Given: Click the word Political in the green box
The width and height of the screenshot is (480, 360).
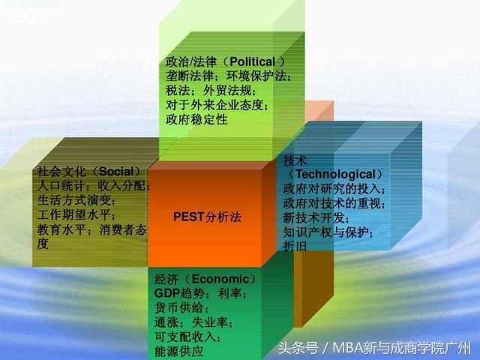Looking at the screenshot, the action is [x=252, y=61].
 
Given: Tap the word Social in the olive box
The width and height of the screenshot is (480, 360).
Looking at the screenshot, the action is [x=117, y=172].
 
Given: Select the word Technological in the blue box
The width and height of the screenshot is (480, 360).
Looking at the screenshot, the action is [x=335, y=175].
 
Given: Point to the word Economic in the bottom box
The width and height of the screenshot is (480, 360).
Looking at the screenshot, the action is [x=220, y=279].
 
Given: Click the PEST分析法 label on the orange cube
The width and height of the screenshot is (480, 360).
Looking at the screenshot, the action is [x=207, y=217].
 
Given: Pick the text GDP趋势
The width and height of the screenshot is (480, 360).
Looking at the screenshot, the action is [x=179, y=293].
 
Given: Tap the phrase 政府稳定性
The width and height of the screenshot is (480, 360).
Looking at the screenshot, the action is [x=196, y=119].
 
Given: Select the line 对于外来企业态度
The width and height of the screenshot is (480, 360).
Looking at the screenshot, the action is [x=214, y=105].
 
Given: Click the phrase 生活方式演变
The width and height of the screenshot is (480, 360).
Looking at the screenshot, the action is [x=74, y=200].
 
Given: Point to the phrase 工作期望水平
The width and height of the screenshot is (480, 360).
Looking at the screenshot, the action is [x=74, y=214].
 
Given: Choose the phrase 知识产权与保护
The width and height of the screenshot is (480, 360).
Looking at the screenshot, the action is [x=325, y=232].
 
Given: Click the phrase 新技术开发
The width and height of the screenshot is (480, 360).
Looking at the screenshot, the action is [x=313, y=218].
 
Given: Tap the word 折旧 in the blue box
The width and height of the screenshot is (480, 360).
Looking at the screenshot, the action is [x=295, y=246].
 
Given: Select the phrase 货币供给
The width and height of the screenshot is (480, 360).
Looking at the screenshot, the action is [x=179, y=307].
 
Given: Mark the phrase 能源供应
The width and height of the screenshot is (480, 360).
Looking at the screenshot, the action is [x=179, y=351].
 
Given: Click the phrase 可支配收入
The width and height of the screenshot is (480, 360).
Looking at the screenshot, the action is [x=185, y=337].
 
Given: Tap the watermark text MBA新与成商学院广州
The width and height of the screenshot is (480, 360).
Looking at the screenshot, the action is [x=402, y=348].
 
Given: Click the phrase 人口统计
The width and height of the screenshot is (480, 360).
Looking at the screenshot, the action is [x=61, y=186].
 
